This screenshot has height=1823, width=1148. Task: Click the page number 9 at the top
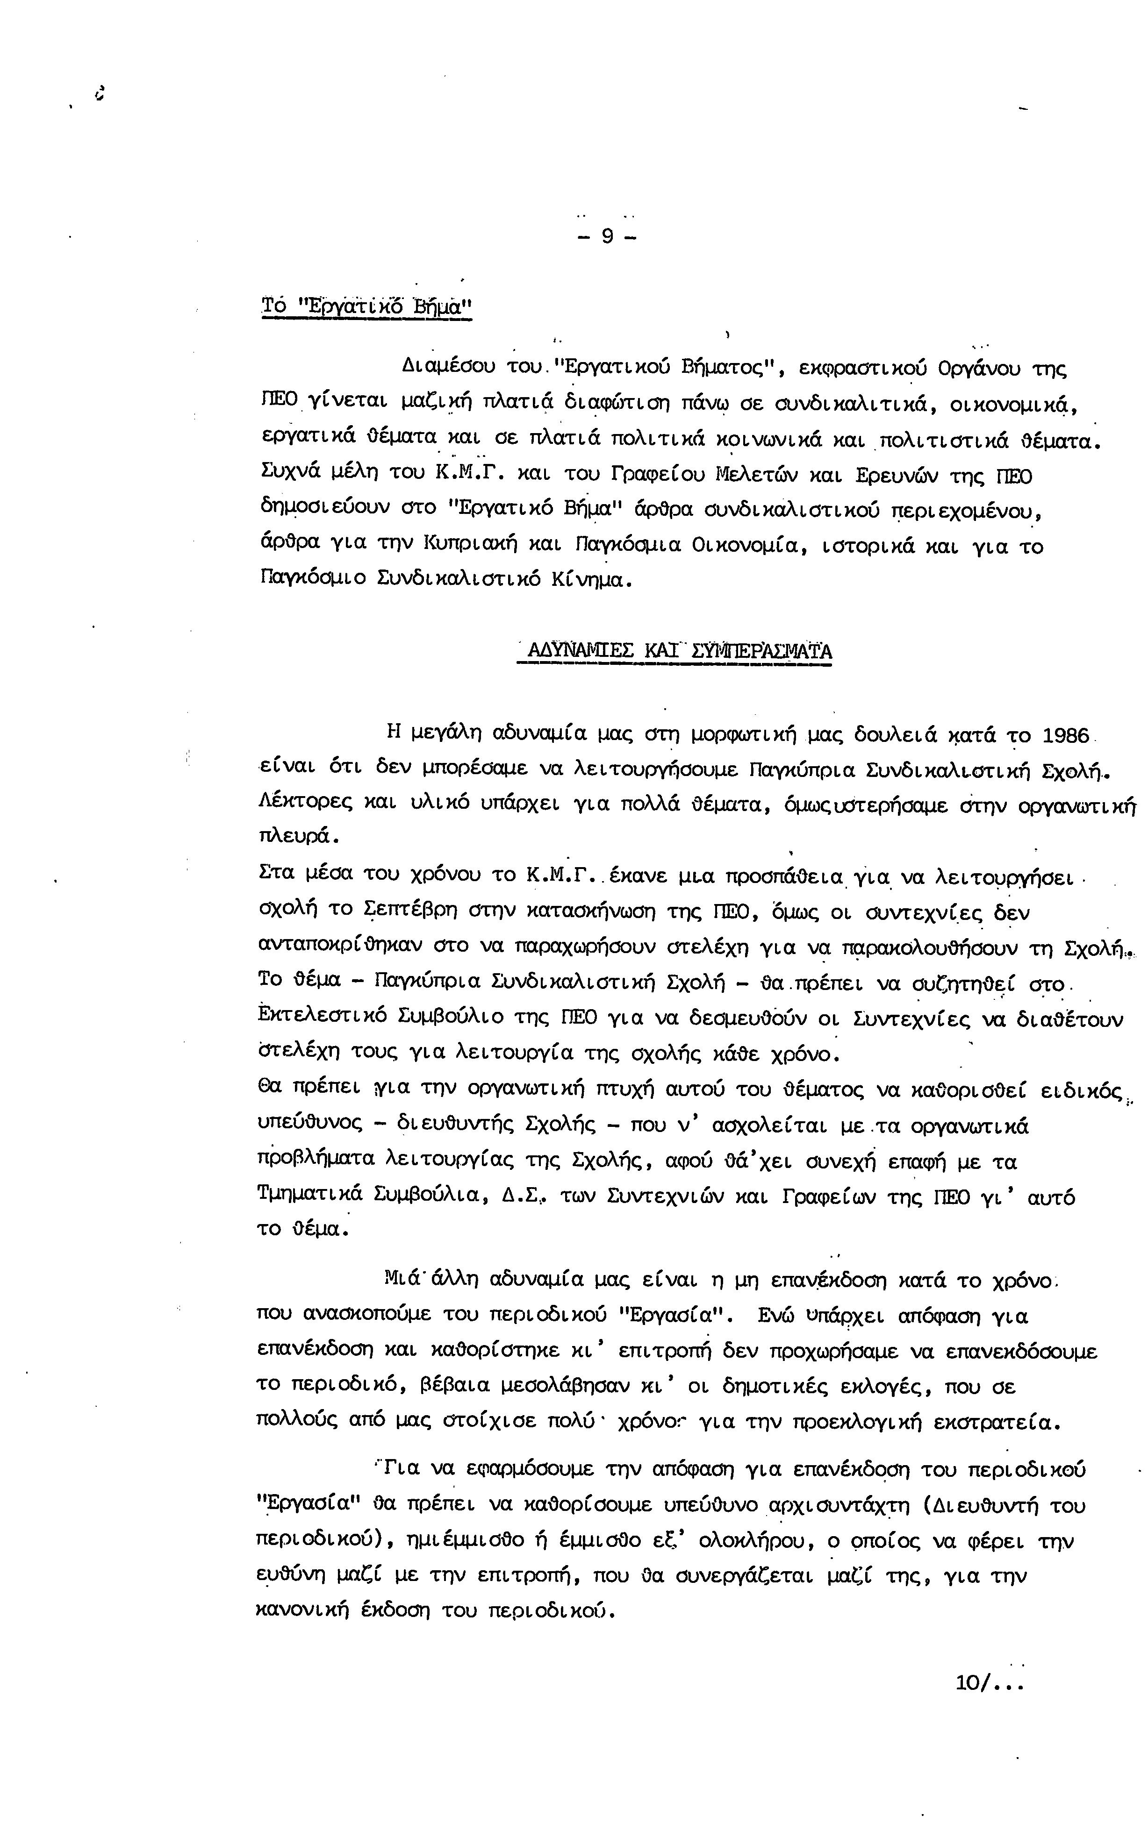click(x=607, y=237)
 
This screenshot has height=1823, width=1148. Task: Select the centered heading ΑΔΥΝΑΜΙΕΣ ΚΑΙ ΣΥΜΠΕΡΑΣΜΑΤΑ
click(x=674, y=651)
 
